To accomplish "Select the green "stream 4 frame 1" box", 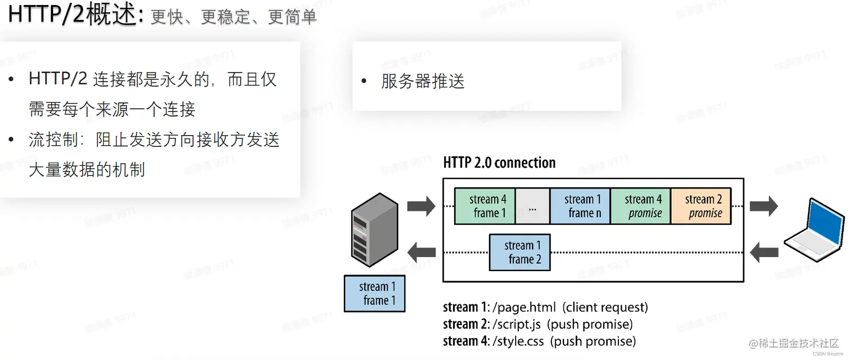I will coord(485,206).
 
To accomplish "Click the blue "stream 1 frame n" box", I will coord(580,206).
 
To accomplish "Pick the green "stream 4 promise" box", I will coord(640,206).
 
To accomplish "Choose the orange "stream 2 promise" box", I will coord(700,206).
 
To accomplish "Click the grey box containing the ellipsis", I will coord(532,206).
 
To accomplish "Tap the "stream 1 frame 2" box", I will coord(519,252).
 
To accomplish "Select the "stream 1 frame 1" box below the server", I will coord(374,294).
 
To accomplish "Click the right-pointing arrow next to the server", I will coord(421,206).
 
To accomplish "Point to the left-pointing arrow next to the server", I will coord(421,252).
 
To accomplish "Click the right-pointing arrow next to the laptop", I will coord(763,206).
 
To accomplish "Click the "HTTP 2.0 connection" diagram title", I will coord(499,163).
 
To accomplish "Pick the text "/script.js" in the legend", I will coord(513,324).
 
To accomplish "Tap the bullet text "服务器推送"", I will coord(423,82).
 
